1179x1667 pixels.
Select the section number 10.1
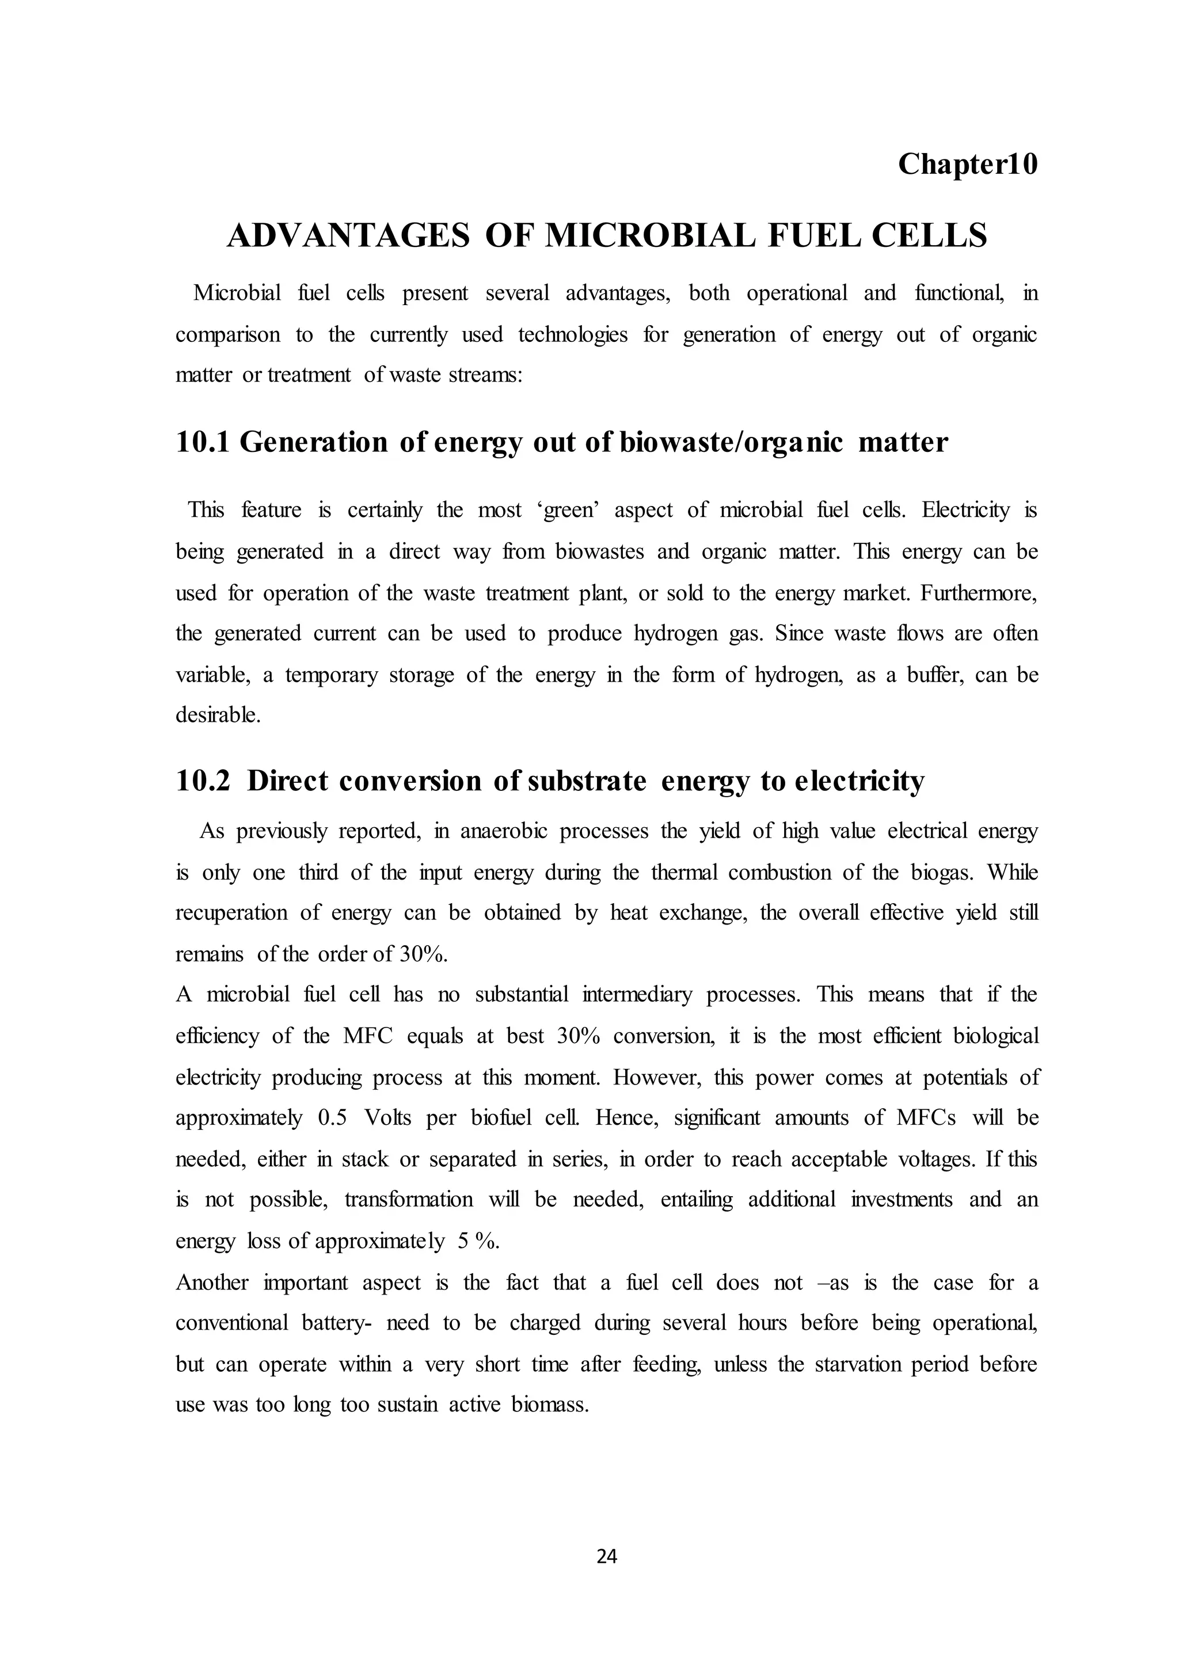202,442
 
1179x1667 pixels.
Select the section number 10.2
202,781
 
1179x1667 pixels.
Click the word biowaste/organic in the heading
732,442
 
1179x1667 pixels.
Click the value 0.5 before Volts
333,1117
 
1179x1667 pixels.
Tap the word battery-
336,1323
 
